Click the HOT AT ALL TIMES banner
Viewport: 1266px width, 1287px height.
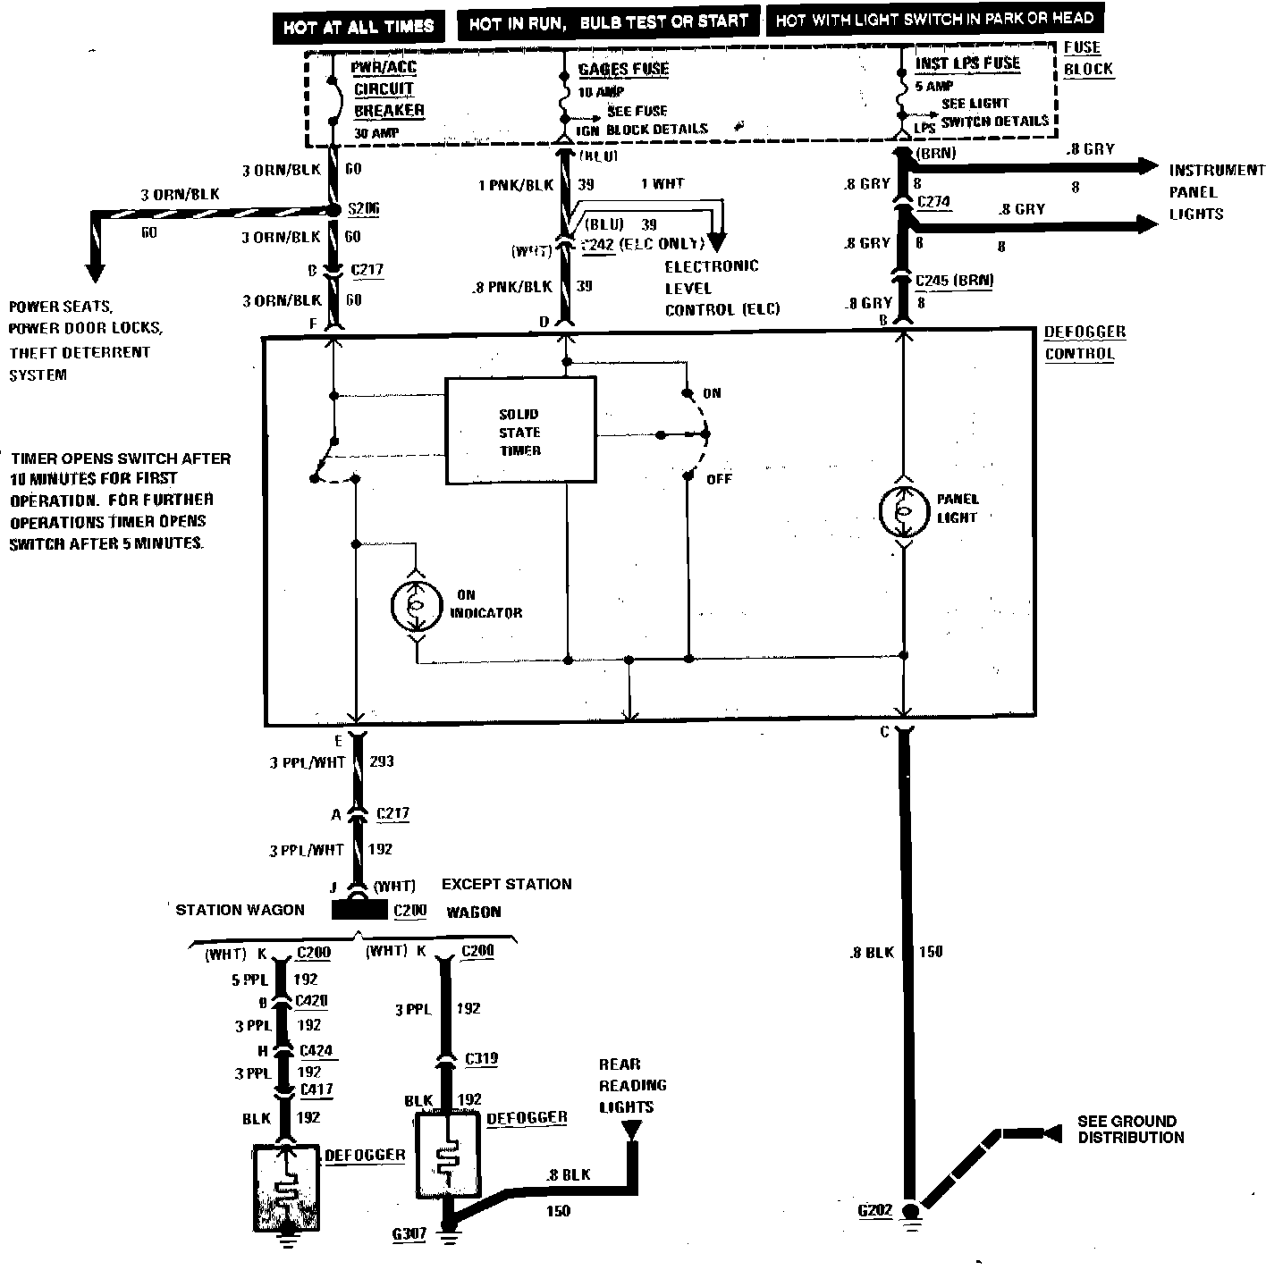[x=358, y=26]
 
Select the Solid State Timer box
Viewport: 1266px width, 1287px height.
[x=520, y=431]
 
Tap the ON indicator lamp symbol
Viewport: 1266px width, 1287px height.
[x=416, y=605]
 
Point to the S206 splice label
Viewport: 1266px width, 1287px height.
[x=363, y=209]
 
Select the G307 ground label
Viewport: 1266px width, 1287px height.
[x=409, y=1234]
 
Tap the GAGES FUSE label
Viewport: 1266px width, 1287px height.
[x=623, y=70]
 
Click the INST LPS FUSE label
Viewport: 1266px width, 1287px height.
[x=967, y=64]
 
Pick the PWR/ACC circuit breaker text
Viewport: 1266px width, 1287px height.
[x=388, y=89]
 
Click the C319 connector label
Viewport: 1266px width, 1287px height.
[x=481, y=1059]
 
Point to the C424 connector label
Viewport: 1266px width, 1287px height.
[x=316, y=1051]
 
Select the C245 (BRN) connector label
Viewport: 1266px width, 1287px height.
[x=954, y=281]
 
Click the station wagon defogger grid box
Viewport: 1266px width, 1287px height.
[x=287, y=1187]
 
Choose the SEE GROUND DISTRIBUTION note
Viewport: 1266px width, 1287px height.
[x=1129, y=1130]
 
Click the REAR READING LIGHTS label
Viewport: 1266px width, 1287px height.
[x=632, y=1085]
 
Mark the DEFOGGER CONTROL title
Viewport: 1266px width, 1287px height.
[x=1085, y=342]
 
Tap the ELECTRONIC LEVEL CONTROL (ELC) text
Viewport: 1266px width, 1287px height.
[x=722, y=288]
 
